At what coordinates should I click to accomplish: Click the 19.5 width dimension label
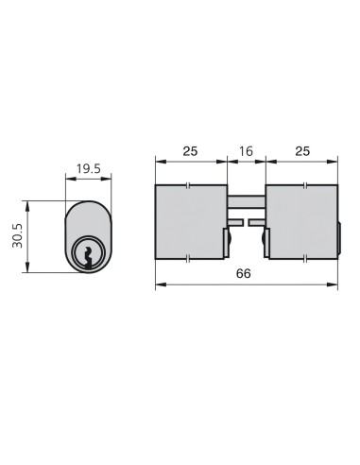89,169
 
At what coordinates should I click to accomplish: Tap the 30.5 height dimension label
17,235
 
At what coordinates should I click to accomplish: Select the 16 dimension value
246,151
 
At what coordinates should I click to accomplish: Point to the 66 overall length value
244,273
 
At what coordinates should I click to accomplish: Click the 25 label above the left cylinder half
190,151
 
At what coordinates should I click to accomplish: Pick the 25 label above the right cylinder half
302,151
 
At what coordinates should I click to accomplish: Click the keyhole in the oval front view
88,258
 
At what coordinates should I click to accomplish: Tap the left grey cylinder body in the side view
191,222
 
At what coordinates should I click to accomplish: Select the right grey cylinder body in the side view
301,222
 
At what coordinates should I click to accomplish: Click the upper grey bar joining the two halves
247,201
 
